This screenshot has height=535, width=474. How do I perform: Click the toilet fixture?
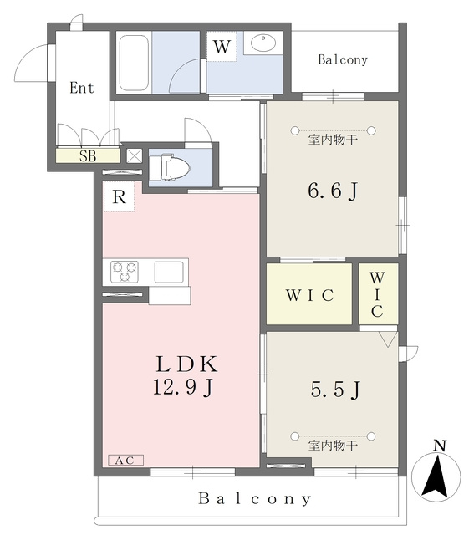(170, 167)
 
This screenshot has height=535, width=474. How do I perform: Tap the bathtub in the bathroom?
(134, 63)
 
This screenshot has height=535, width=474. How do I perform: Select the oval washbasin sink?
(263, 43)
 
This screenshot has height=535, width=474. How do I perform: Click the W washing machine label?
(222, 47)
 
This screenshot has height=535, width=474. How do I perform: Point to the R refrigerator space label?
(119, 197)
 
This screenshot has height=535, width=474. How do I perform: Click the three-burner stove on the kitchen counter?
(125, 271)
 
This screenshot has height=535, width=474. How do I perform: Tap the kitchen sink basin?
(169, 272)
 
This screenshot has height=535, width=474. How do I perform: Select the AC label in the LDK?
(125, 461)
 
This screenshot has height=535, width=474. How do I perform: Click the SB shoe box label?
(88, 156)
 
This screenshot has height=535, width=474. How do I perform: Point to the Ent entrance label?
(82, 88)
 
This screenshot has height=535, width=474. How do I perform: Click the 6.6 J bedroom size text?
(333, 191)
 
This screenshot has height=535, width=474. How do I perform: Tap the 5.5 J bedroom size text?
(335, 390)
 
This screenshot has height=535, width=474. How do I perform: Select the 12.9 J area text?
(183, 388)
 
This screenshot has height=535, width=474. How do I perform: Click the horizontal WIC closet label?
(310, 295)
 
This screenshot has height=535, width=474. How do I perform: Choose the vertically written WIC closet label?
(377, 295)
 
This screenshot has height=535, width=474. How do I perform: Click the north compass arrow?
(436, 477)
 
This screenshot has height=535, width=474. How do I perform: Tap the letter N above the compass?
(440, 446)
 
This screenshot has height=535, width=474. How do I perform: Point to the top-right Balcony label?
(343, 59)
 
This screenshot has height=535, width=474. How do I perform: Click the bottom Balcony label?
(255, 499)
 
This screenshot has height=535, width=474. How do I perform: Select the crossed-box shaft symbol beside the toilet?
(134, 156)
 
